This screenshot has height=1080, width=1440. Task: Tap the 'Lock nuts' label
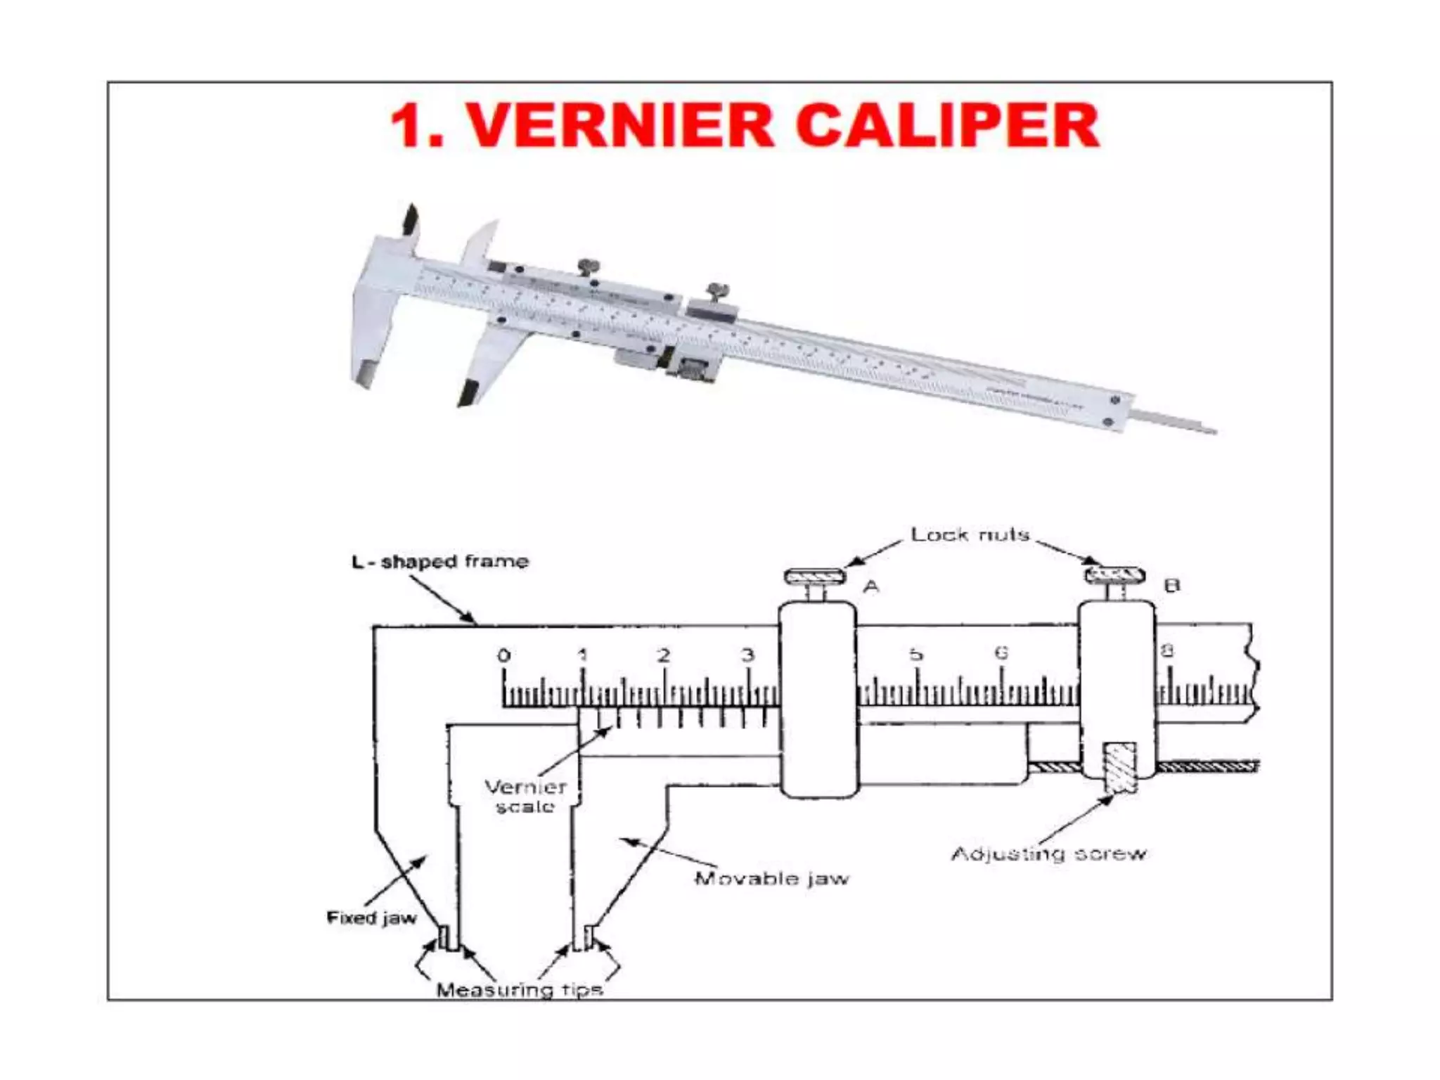pos(970,535)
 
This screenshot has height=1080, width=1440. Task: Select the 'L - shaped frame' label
pos(439,562)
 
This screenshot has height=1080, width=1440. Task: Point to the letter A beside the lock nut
pos(870,586)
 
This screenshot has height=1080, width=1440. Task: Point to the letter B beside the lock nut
pos(1171,585)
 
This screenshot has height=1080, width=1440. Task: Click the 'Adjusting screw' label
pos(1048,854)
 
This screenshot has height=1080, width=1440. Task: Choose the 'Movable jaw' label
pos(771,878)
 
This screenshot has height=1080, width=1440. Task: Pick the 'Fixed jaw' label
pos(371,918)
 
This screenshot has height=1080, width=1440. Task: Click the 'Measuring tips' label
pos(519,990)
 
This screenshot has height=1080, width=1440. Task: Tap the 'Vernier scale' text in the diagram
pos(525,797)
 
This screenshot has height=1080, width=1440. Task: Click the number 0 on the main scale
pos(503,656)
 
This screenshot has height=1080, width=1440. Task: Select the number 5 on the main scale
pos(915,655)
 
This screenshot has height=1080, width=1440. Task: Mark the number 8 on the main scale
pos(1166,652)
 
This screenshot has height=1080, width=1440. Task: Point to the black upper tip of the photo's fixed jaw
pos(409,219)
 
